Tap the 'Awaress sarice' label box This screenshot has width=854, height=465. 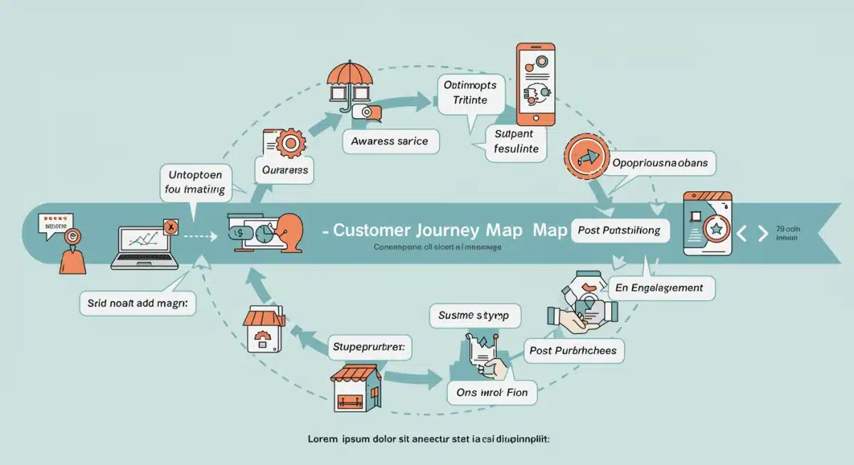(x=390, y=141)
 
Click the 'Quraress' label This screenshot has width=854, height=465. (x=284, y=171)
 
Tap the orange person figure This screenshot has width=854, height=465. (x=72, y=252)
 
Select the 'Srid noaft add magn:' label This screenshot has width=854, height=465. (x=138, y=303)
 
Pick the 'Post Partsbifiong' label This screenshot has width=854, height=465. (x=619, y=230)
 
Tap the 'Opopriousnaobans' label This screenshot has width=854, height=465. (x=660, y=163)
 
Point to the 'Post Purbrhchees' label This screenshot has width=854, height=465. (x=574, y=351)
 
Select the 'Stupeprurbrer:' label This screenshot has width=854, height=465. (x=369, y=348)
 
